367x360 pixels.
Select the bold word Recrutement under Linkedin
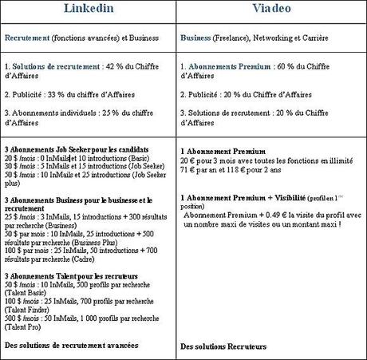click(28, 38)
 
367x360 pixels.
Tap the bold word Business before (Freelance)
click(195, 38)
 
